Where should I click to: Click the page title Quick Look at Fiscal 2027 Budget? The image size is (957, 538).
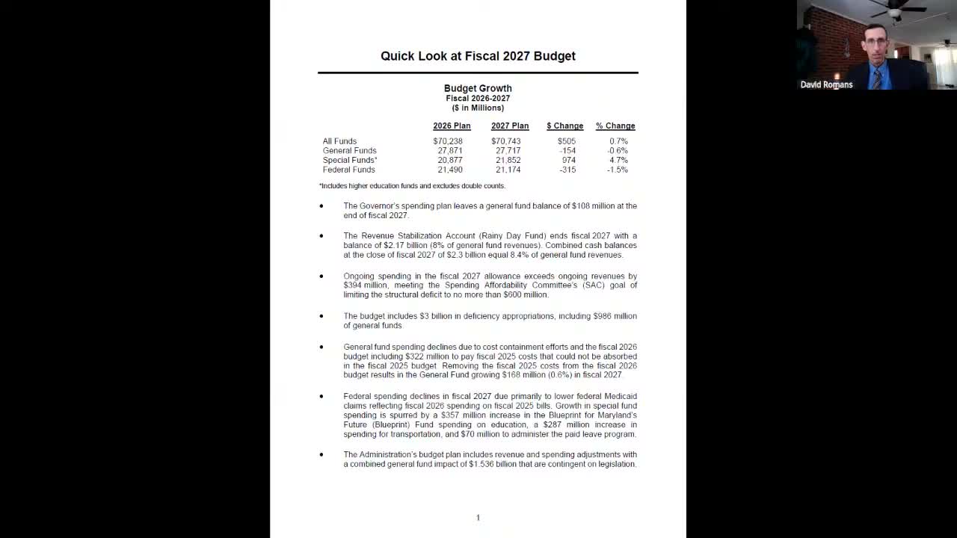coord(478,56)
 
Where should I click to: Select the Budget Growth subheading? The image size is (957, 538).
coord(478,88)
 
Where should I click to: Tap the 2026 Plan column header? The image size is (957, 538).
coord(452,126)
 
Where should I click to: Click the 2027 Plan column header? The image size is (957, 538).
coord(510,126)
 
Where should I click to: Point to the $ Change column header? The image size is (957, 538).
coord(564,126)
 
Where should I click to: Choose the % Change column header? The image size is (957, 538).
coord(615,126)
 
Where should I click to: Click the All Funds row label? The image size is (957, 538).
coord(339,141)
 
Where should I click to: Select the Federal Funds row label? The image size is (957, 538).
coord(348,170)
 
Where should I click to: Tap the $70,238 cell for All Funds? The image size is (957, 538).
coord(448,141)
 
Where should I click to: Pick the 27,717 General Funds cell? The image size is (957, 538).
coord(508,151)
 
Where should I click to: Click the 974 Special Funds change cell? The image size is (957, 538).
coord(568,160)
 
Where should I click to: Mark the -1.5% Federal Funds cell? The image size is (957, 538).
coord(618,170)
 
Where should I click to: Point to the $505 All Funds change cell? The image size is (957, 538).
coord(567,141)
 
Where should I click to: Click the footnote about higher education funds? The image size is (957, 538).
coord(412,186)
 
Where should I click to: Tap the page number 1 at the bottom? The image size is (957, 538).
coord(478,517)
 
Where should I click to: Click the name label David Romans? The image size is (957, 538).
coord(826,85)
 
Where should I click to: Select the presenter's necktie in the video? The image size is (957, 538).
coord(876,79)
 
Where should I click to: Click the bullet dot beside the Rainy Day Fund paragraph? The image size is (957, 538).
coord(321,236)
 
